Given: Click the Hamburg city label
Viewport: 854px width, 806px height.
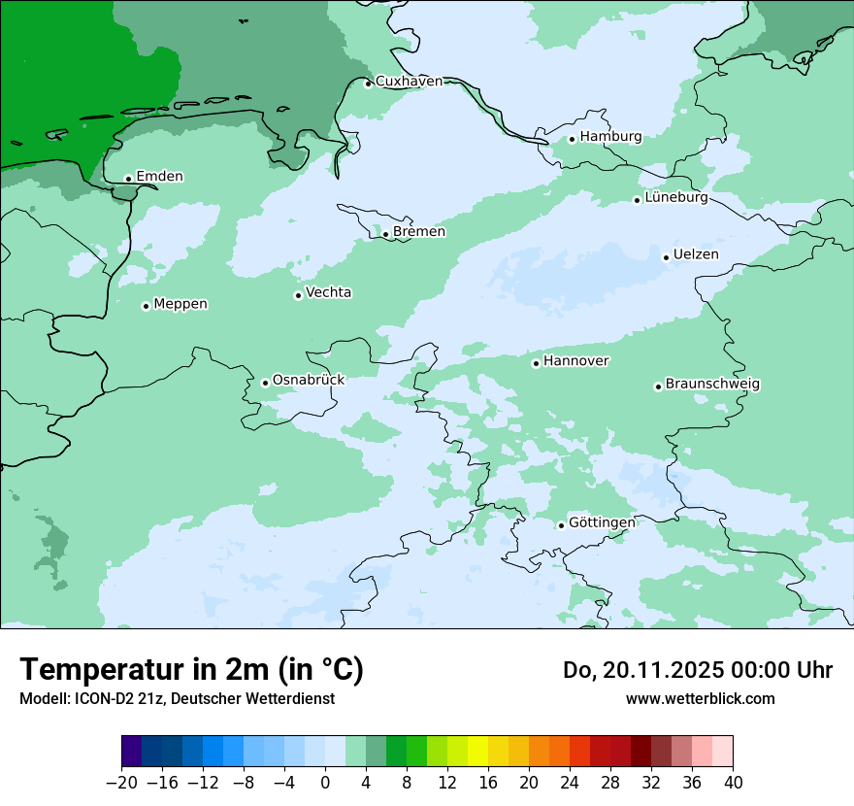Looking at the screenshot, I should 610,137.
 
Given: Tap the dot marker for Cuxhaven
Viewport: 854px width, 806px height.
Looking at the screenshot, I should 368,84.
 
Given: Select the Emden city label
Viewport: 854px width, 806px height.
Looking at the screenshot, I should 159,177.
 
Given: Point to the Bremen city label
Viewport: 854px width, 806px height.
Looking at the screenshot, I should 418,232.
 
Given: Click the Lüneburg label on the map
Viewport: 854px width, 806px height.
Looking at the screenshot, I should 676,198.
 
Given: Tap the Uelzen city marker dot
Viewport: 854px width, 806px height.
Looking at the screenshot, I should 666,257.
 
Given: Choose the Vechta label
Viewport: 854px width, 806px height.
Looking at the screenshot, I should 328,293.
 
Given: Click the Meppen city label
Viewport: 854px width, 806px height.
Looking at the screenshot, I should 181,305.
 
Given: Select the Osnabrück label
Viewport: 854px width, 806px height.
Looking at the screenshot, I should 308,381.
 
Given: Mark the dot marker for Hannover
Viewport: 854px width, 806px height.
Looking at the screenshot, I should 536,363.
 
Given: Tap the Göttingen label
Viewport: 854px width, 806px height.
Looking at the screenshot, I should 602,523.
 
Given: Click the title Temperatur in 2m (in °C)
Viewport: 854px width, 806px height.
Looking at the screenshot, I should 191,669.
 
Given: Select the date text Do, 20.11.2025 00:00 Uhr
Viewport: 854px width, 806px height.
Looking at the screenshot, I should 697,670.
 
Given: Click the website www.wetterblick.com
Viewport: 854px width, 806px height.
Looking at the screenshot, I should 700,699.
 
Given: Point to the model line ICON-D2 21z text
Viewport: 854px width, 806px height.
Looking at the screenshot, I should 177,699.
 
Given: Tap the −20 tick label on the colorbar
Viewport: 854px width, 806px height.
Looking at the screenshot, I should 121,783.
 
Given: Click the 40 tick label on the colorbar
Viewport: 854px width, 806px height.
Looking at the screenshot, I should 733,783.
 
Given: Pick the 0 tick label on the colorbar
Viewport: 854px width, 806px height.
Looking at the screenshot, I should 325,783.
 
